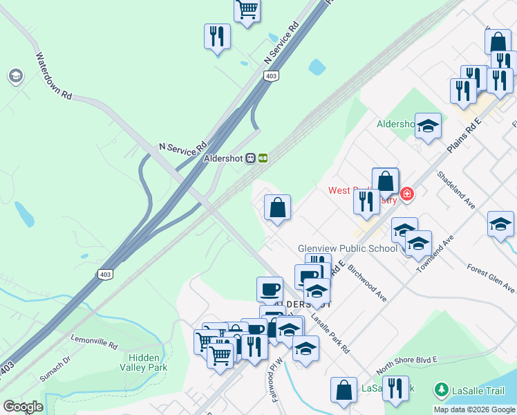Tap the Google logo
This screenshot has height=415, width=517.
point(22,407)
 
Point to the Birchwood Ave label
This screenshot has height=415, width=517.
point(367,282)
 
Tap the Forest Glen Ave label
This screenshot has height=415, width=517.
point(491,277)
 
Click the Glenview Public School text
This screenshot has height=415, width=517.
point(347,248)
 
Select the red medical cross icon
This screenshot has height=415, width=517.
point(407,193)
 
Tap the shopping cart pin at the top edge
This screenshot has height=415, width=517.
point(247,10)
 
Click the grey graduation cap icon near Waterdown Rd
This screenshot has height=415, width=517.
point(15,75)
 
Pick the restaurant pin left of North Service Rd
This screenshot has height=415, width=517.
point(217,36)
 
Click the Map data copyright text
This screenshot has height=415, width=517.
point(474,409)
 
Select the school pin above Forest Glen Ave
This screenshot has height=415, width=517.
point(500,224)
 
